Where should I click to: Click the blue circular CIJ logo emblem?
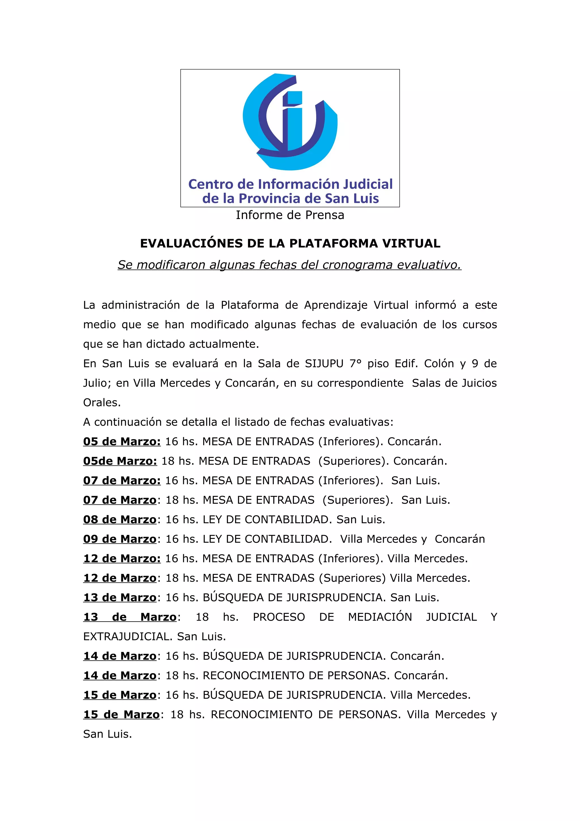[290, 122]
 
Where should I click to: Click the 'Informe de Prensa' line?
[290, 215]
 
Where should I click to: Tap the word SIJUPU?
[324, 364]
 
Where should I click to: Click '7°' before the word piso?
[356, 364]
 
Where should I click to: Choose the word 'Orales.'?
[102, 403]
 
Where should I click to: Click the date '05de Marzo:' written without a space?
[120, 461]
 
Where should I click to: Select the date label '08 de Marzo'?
[120, 520]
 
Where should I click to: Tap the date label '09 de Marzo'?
[120, 539]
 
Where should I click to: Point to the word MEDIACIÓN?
[380, 617]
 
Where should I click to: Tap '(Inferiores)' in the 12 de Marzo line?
[350, 559]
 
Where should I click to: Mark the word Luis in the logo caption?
[366, 199]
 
